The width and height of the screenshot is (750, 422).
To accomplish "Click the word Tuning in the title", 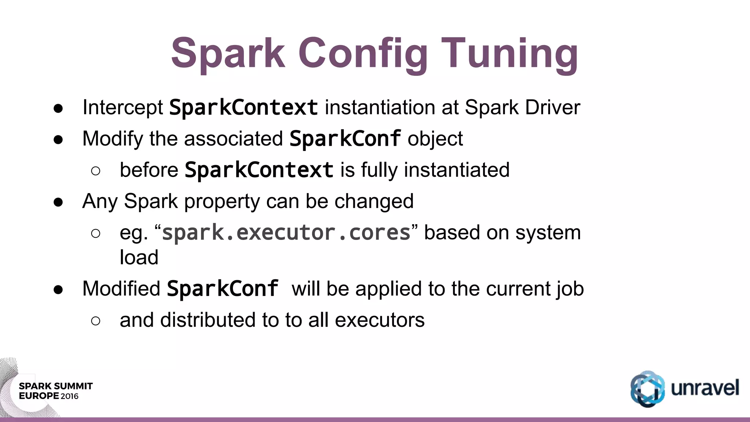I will (510, 54).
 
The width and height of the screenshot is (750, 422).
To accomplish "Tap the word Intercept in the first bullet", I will (123, 107).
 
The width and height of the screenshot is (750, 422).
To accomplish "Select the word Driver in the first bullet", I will (553, 107).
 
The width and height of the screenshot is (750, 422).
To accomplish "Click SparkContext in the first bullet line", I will (244, 107).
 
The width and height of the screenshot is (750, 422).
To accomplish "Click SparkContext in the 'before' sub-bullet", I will (259, 170).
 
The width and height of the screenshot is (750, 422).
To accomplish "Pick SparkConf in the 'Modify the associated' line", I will (345, 139).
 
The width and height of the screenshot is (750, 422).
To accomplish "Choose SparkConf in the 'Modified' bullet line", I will (223, 289).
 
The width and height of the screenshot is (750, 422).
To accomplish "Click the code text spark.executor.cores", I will (286, 233).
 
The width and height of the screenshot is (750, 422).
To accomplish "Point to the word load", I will (139, 257).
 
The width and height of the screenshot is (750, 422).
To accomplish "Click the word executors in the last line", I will (379, 320).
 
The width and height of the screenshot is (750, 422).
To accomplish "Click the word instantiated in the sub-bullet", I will (457, 170).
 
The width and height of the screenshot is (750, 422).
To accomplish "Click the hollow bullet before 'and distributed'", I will (96, 321).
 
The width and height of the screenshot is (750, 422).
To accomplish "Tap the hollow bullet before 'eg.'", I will (96, 233).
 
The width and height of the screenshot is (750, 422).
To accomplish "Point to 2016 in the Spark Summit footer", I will (70, 396).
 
